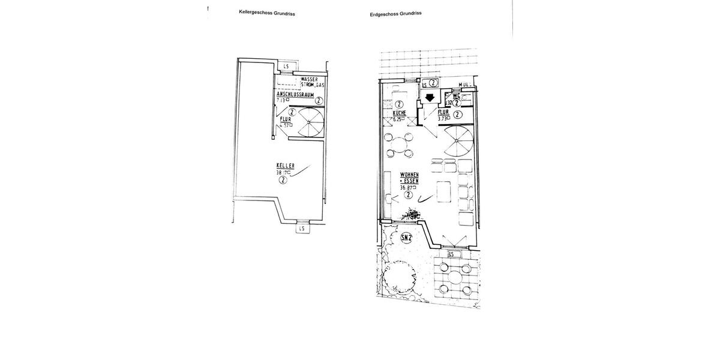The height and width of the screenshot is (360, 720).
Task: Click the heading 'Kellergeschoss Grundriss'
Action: click(x=267, y=13)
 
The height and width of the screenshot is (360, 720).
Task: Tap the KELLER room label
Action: click(x=285, y=166)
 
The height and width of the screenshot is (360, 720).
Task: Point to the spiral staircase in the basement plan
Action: click(x=310, y=121)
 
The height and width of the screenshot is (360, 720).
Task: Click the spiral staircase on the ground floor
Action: click(x=458, y=142)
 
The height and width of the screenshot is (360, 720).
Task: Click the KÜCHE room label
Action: click(x=400, y=113)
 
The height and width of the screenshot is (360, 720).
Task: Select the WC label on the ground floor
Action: click(x=457, y=95)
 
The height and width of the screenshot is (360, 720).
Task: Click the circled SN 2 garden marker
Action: click(x=407, y=238)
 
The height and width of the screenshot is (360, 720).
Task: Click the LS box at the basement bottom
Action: click(x=301, y=228)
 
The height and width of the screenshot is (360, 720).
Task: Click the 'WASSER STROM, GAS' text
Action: click(x=313, y=83)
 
